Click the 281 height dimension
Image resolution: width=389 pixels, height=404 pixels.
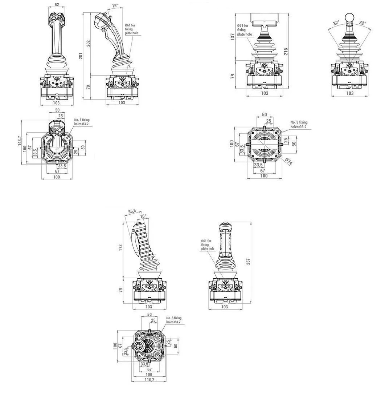click(x=81, y=56)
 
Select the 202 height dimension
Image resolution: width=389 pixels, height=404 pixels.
click(x=88, y=43)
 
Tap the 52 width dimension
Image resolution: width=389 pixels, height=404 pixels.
click(x=57, y=5)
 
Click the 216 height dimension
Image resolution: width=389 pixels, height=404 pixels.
click(x=286, y=51)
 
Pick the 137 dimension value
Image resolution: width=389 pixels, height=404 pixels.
click(x=233, y=37)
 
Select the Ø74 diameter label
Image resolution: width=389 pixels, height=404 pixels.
click(x=289, y=162)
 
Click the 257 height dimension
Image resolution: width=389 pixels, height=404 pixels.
click(x=248, y=262)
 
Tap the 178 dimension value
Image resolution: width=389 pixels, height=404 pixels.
click(x=120, y=248)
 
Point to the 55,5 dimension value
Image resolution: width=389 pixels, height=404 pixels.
click(x=132, y=211)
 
